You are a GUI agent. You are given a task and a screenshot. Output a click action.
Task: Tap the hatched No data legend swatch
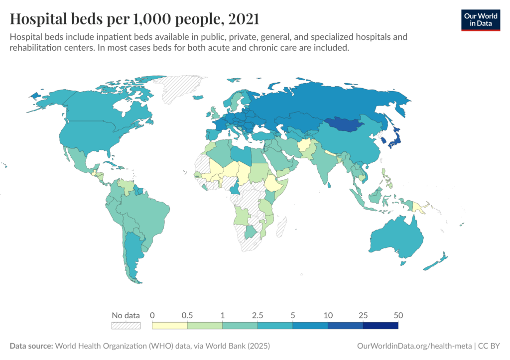[126, 326]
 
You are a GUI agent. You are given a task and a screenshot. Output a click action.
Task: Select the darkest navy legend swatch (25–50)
[381, 326]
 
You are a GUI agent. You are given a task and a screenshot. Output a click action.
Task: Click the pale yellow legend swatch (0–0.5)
[169, 326]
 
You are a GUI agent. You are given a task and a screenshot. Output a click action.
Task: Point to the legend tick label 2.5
[257, 315]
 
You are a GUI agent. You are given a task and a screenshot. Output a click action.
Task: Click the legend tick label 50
[398, 315]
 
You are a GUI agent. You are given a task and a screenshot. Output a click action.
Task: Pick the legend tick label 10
[328, 315]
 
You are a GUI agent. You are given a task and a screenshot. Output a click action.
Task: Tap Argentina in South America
[132, 254]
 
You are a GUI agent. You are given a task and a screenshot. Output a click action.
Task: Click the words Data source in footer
[30, 346]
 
